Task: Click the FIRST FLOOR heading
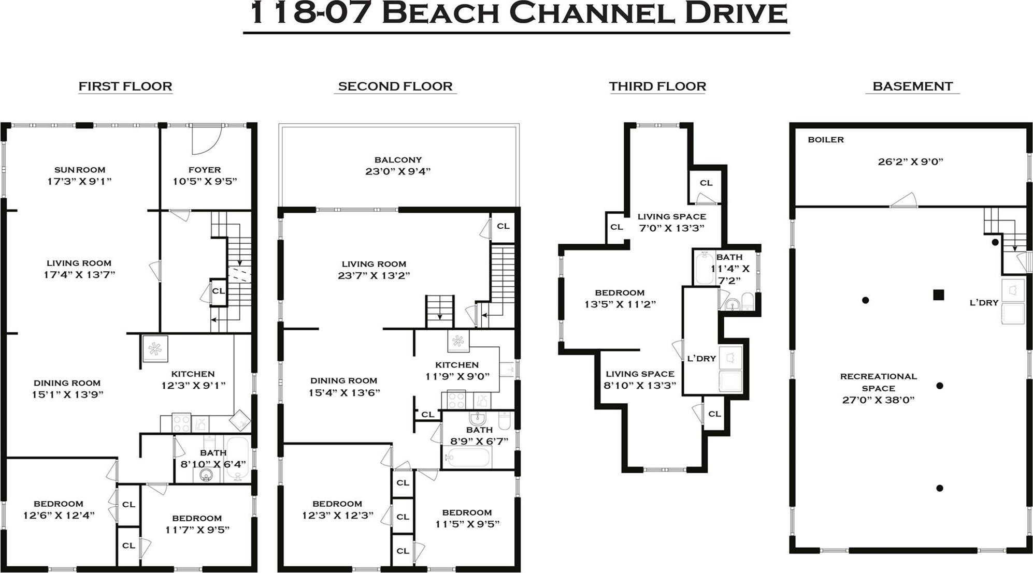click(125, 86)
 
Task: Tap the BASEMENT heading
click(912, 86)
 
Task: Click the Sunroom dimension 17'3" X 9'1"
click(79, 181)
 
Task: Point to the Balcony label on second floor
click(398, 160)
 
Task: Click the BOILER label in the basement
click(826, 140)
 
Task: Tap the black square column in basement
click(938, 295)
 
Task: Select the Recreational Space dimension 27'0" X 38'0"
click(878, 400)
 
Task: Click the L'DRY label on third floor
click(701, 359)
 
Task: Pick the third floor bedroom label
click(620, 293)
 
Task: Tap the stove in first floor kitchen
click(181, 423)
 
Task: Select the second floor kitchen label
click(456, 365)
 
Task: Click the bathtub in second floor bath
click(468, 458)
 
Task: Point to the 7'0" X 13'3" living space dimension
click(671, 228)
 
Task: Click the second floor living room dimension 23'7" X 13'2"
click(374, 276)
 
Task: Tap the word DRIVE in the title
click(736, 14)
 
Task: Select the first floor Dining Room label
click(67, 383)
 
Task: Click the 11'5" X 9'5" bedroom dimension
click(467, 524)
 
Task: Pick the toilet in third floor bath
click(748, 301)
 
